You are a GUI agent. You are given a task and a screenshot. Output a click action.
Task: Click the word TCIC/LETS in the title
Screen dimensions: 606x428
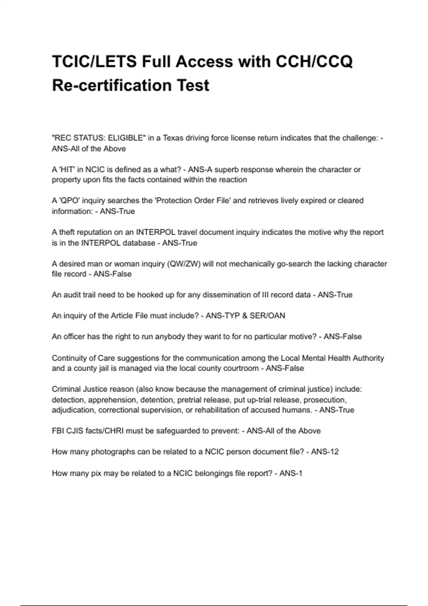coord(94,62)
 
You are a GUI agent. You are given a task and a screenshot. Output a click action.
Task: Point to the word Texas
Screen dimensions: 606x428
coord(173,138)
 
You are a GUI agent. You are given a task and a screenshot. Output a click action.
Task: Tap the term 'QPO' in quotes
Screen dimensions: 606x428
coord(69,201)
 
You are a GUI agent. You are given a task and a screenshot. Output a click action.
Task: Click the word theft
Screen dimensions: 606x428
coord(67,232)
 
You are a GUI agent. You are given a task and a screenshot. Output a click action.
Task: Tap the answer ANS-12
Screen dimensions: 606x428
coord(325,452)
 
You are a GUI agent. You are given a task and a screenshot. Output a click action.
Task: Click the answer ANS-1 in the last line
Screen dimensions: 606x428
coord(291,473)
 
